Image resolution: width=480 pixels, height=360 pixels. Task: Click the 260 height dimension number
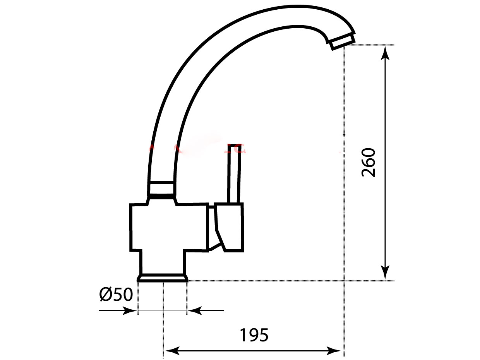click(369, 163)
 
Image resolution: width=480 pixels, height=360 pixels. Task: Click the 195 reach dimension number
click(254, 335)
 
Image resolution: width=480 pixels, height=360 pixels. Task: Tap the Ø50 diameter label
click(116, 295)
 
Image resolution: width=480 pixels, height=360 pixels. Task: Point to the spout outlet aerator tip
click(342, 41)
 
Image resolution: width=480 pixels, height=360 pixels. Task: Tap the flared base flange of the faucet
click(163, 278)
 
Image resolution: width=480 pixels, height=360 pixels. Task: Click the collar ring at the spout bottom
click(161, 189)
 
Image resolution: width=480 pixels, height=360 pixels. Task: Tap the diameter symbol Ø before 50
click(106, 295)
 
